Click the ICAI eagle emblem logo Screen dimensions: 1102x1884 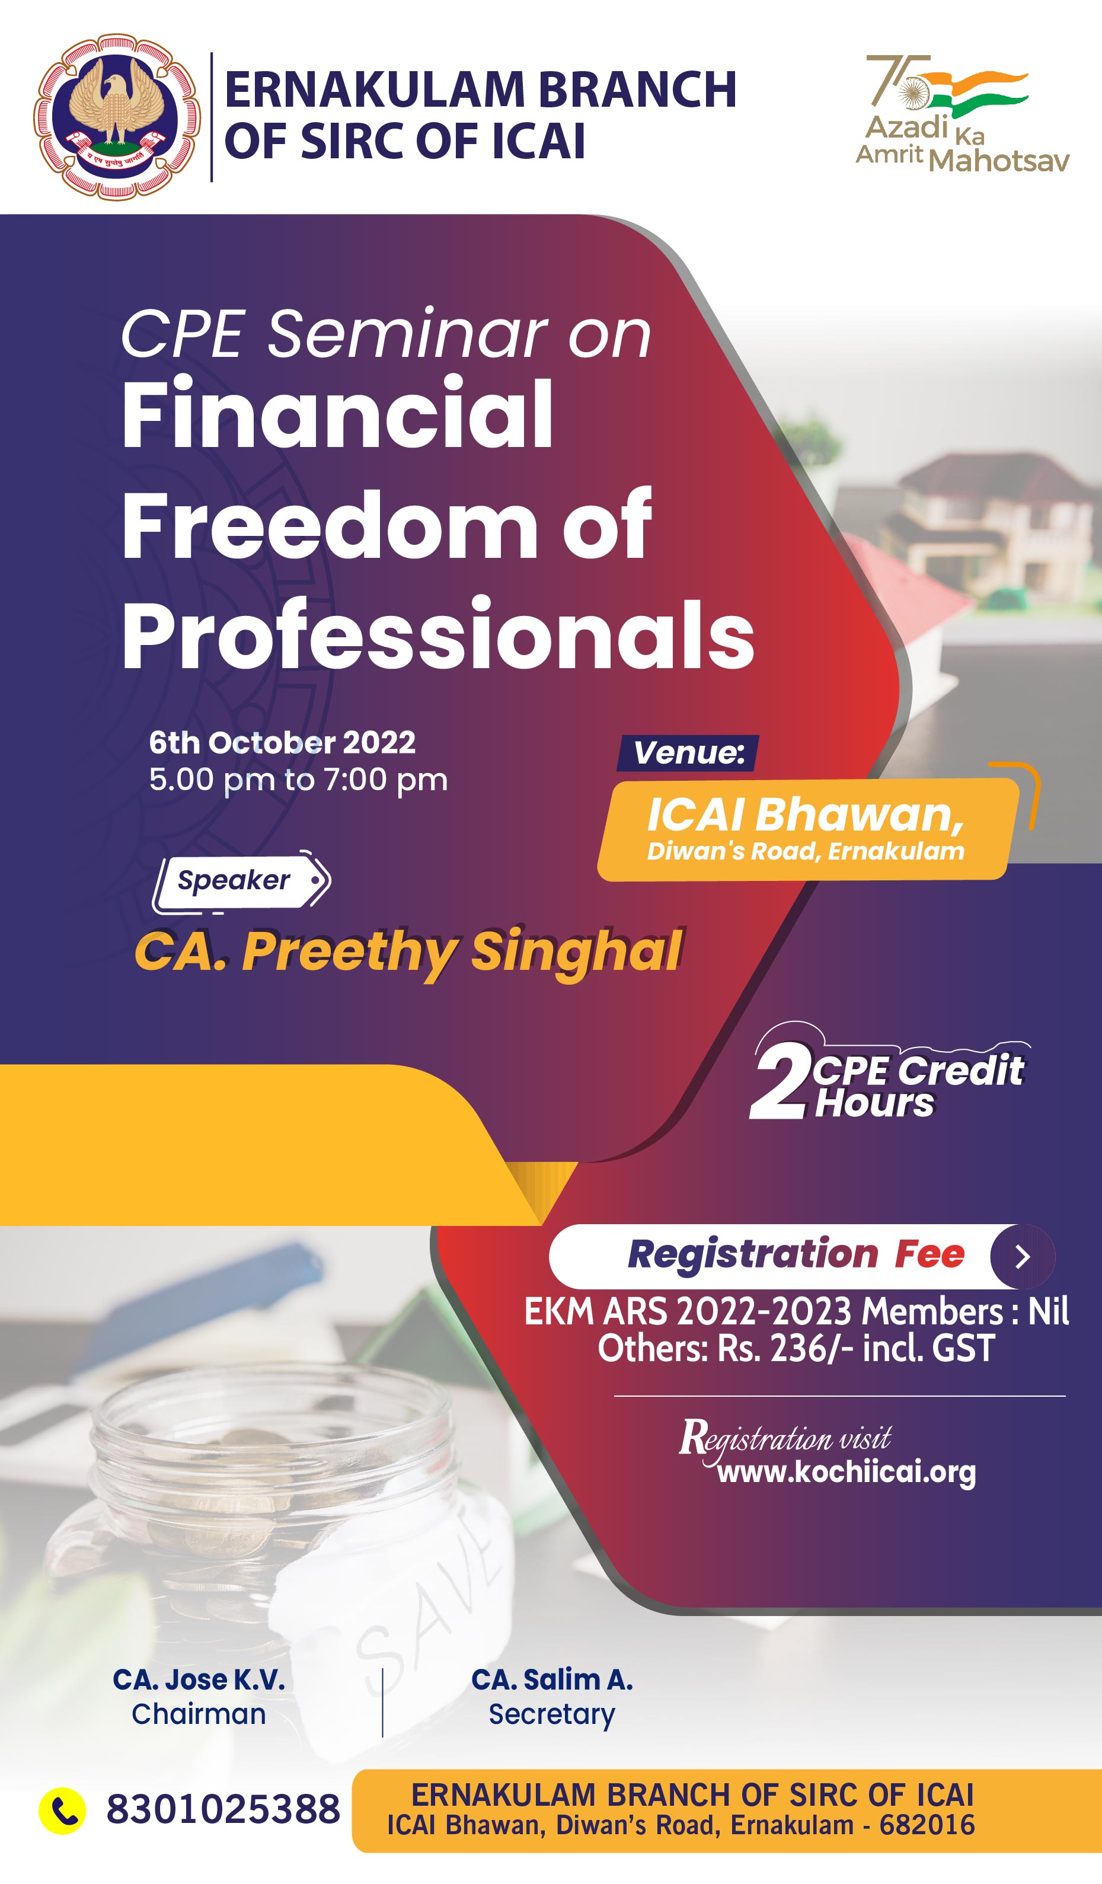point(117,117)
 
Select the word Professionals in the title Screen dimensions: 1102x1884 point(438,636)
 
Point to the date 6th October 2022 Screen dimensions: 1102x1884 point(282,742)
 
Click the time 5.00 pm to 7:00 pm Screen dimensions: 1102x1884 point(298,780)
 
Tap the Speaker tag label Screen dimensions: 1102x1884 point(241,882)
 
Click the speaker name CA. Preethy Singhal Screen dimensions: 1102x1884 point(408,951)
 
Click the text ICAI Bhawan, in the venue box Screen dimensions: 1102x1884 point(805,814)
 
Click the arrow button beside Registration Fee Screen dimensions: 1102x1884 point(1023,1257)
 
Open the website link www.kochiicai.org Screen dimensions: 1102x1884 point(847,1472)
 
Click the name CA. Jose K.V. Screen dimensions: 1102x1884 point(199,1680)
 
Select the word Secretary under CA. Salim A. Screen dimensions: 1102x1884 point(552,1714)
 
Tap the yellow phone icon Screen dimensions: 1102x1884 point(62,1810)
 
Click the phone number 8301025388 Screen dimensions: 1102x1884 point(223,1810)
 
